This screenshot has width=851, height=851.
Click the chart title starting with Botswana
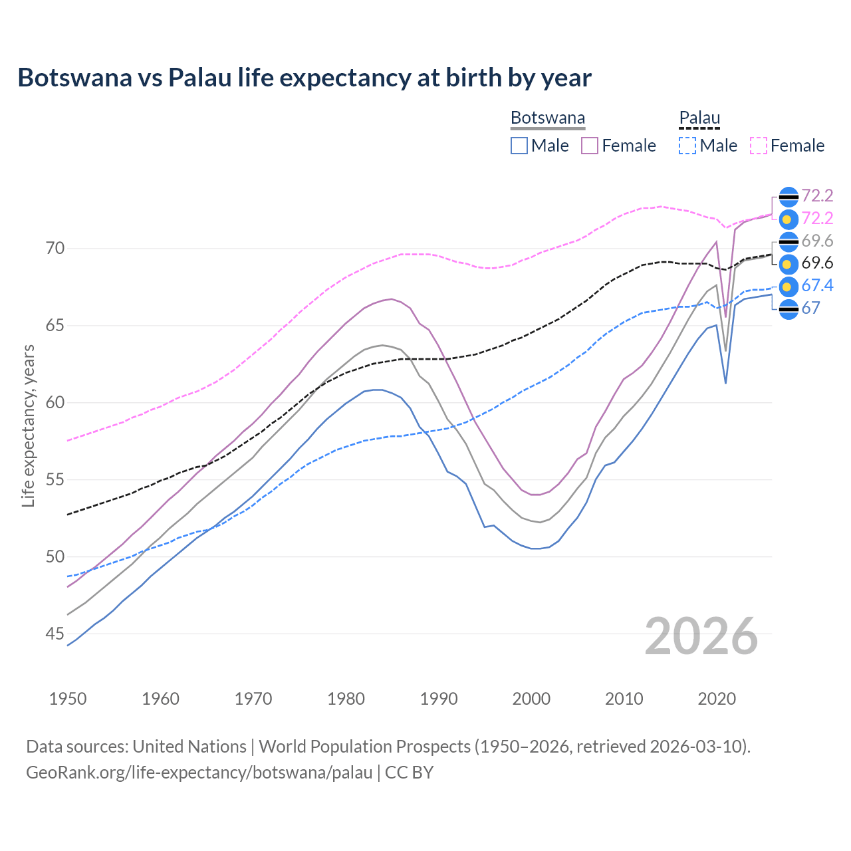pyautogui.click(x=304, y=78)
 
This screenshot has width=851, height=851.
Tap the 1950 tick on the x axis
pyautogui.click(x=68, y=699)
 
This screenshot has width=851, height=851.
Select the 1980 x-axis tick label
pyautogui.click(x=346, y=699)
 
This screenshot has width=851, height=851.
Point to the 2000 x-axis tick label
pyautogui.click(x=531, y=699)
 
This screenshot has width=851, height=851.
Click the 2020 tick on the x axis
pyautogui.click(x=717, y=699)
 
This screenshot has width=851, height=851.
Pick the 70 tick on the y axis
pyautogui.click(x=55, y=249)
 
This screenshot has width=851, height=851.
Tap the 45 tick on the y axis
pyautogui.click(x=55, y=634)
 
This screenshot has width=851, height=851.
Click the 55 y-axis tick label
pyautogui.click(x=55, y=480)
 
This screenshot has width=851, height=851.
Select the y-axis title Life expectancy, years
pyautogui.click(x=28, y=425)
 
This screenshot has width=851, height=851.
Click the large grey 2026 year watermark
pyautogui.click(x=701, y=637)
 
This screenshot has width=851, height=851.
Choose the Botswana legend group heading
pyautogui.click(x=548, y=118)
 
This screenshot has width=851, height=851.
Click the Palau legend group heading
pyautogui.click(x=699, y=118)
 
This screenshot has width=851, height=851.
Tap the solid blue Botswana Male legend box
pyautogui.click(x=519, y=146)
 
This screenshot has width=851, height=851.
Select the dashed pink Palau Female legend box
pyautogui.click(x=759, y=146)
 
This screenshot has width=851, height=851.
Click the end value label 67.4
pyautogui.click(x=817, y=286)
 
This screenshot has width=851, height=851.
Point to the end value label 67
pyautogui.click(x=810, y=308)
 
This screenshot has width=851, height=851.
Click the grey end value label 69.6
pyautogui.click(x=817, y=241)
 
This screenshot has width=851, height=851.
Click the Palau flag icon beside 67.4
pyautogui.click(x=788, y=287)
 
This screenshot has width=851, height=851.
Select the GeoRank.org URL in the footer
pyautogui.click(x=199, y=773)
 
